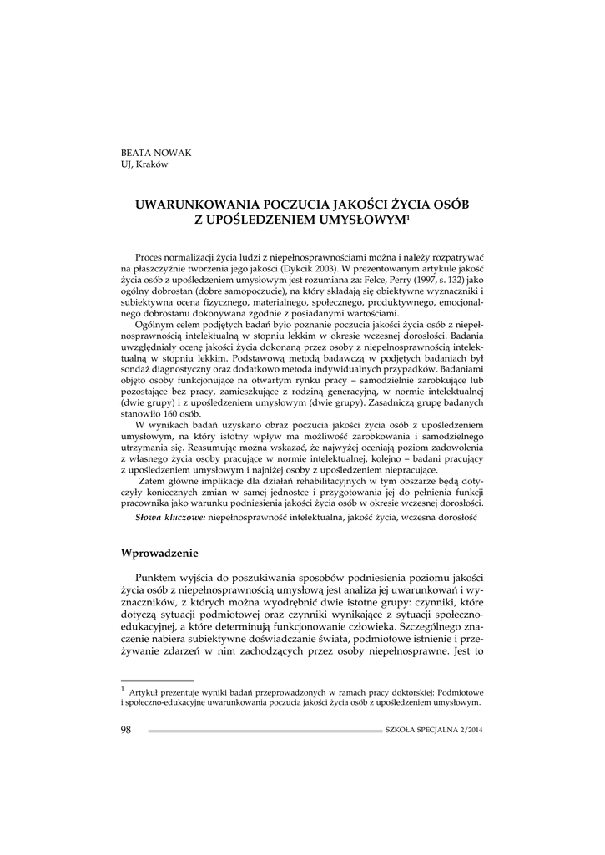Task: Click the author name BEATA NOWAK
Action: [x=156, y=153]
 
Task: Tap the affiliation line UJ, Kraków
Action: [x=144, y=164]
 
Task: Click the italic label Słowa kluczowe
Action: [x=170, y=519]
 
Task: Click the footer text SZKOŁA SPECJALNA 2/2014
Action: [x=434, y=731]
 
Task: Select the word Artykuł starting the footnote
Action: [x=148, y=691]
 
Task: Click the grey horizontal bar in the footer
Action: [x=265, y=731]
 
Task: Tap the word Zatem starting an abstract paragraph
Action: [x=154, y=482]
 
